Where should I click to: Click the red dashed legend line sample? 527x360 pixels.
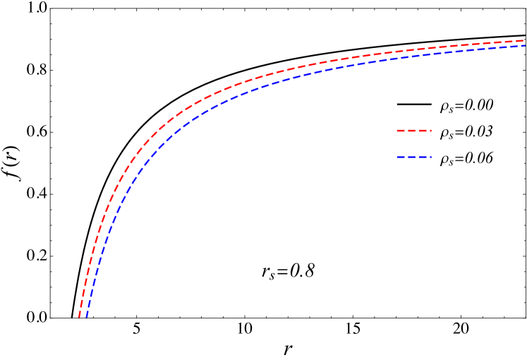413,131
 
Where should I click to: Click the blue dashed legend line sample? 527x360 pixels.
413,157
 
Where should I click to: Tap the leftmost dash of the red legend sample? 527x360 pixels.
401,131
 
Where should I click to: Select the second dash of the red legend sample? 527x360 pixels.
411,131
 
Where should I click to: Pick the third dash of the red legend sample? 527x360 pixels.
423,131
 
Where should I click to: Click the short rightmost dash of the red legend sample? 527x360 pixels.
430,131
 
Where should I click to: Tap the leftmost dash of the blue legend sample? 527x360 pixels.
401,157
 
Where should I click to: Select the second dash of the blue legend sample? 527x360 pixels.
411,157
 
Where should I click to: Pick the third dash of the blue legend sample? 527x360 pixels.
423,157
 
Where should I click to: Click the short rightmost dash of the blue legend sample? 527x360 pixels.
430,157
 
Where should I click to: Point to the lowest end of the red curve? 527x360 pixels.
79,316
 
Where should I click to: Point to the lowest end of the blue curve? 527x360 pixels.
87,316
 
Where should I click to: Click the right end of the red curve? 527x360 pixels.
525,40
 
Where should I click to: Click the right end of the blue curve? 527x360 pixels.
525,46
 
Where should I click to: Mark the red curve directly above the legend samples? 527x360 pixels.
413,51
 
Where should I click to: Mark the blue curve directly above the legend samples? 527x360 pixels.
413,56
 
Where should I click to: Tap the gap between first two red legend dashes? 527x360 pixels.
406,131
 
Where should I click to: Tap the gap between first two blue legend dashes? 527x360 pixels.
406,157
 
